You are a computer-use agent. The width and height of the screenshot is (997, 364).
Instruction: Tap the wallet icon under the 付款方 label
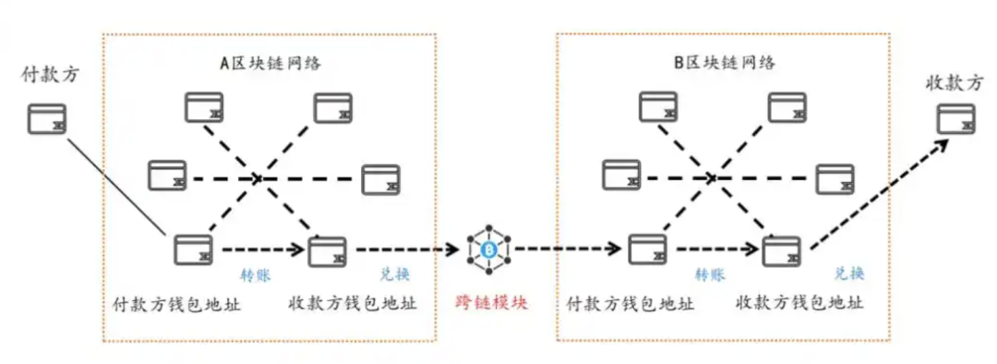(46, 119)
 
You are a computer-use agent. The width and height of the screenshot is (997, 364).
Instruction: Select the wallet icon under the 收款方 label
(956, 119)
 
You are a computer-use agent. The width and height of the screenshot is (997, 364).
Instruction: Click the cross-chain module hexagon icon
(489, 249)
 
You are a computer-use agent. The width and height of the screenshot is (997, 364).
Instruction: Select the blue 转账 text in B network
(709, 274)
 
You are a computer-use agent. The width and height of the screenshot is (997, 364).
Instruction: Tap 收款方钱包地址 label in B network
(800, 303)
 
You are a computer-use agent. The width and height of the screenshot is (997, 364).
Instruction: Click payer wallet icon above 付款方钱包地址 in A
(193, 249)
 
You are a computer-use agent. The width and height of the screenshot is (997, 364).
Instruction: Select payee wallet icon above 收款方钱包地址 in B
(781, 250)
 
